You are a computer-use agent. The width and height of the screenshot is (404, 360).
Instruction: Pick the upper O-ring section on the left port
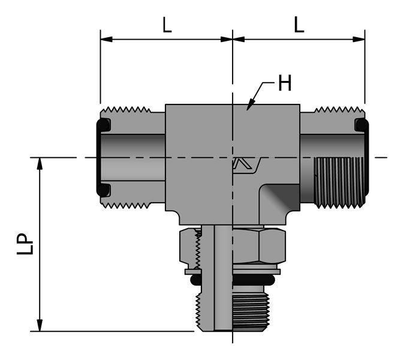click(x=103, y=125)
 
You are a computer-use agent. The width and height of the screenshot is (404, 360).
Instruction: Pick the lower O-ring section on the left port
click(x=103, y=190)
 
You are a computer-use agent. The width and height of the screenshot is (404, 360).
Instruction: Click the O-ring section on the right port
click(x=361, y=125)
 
